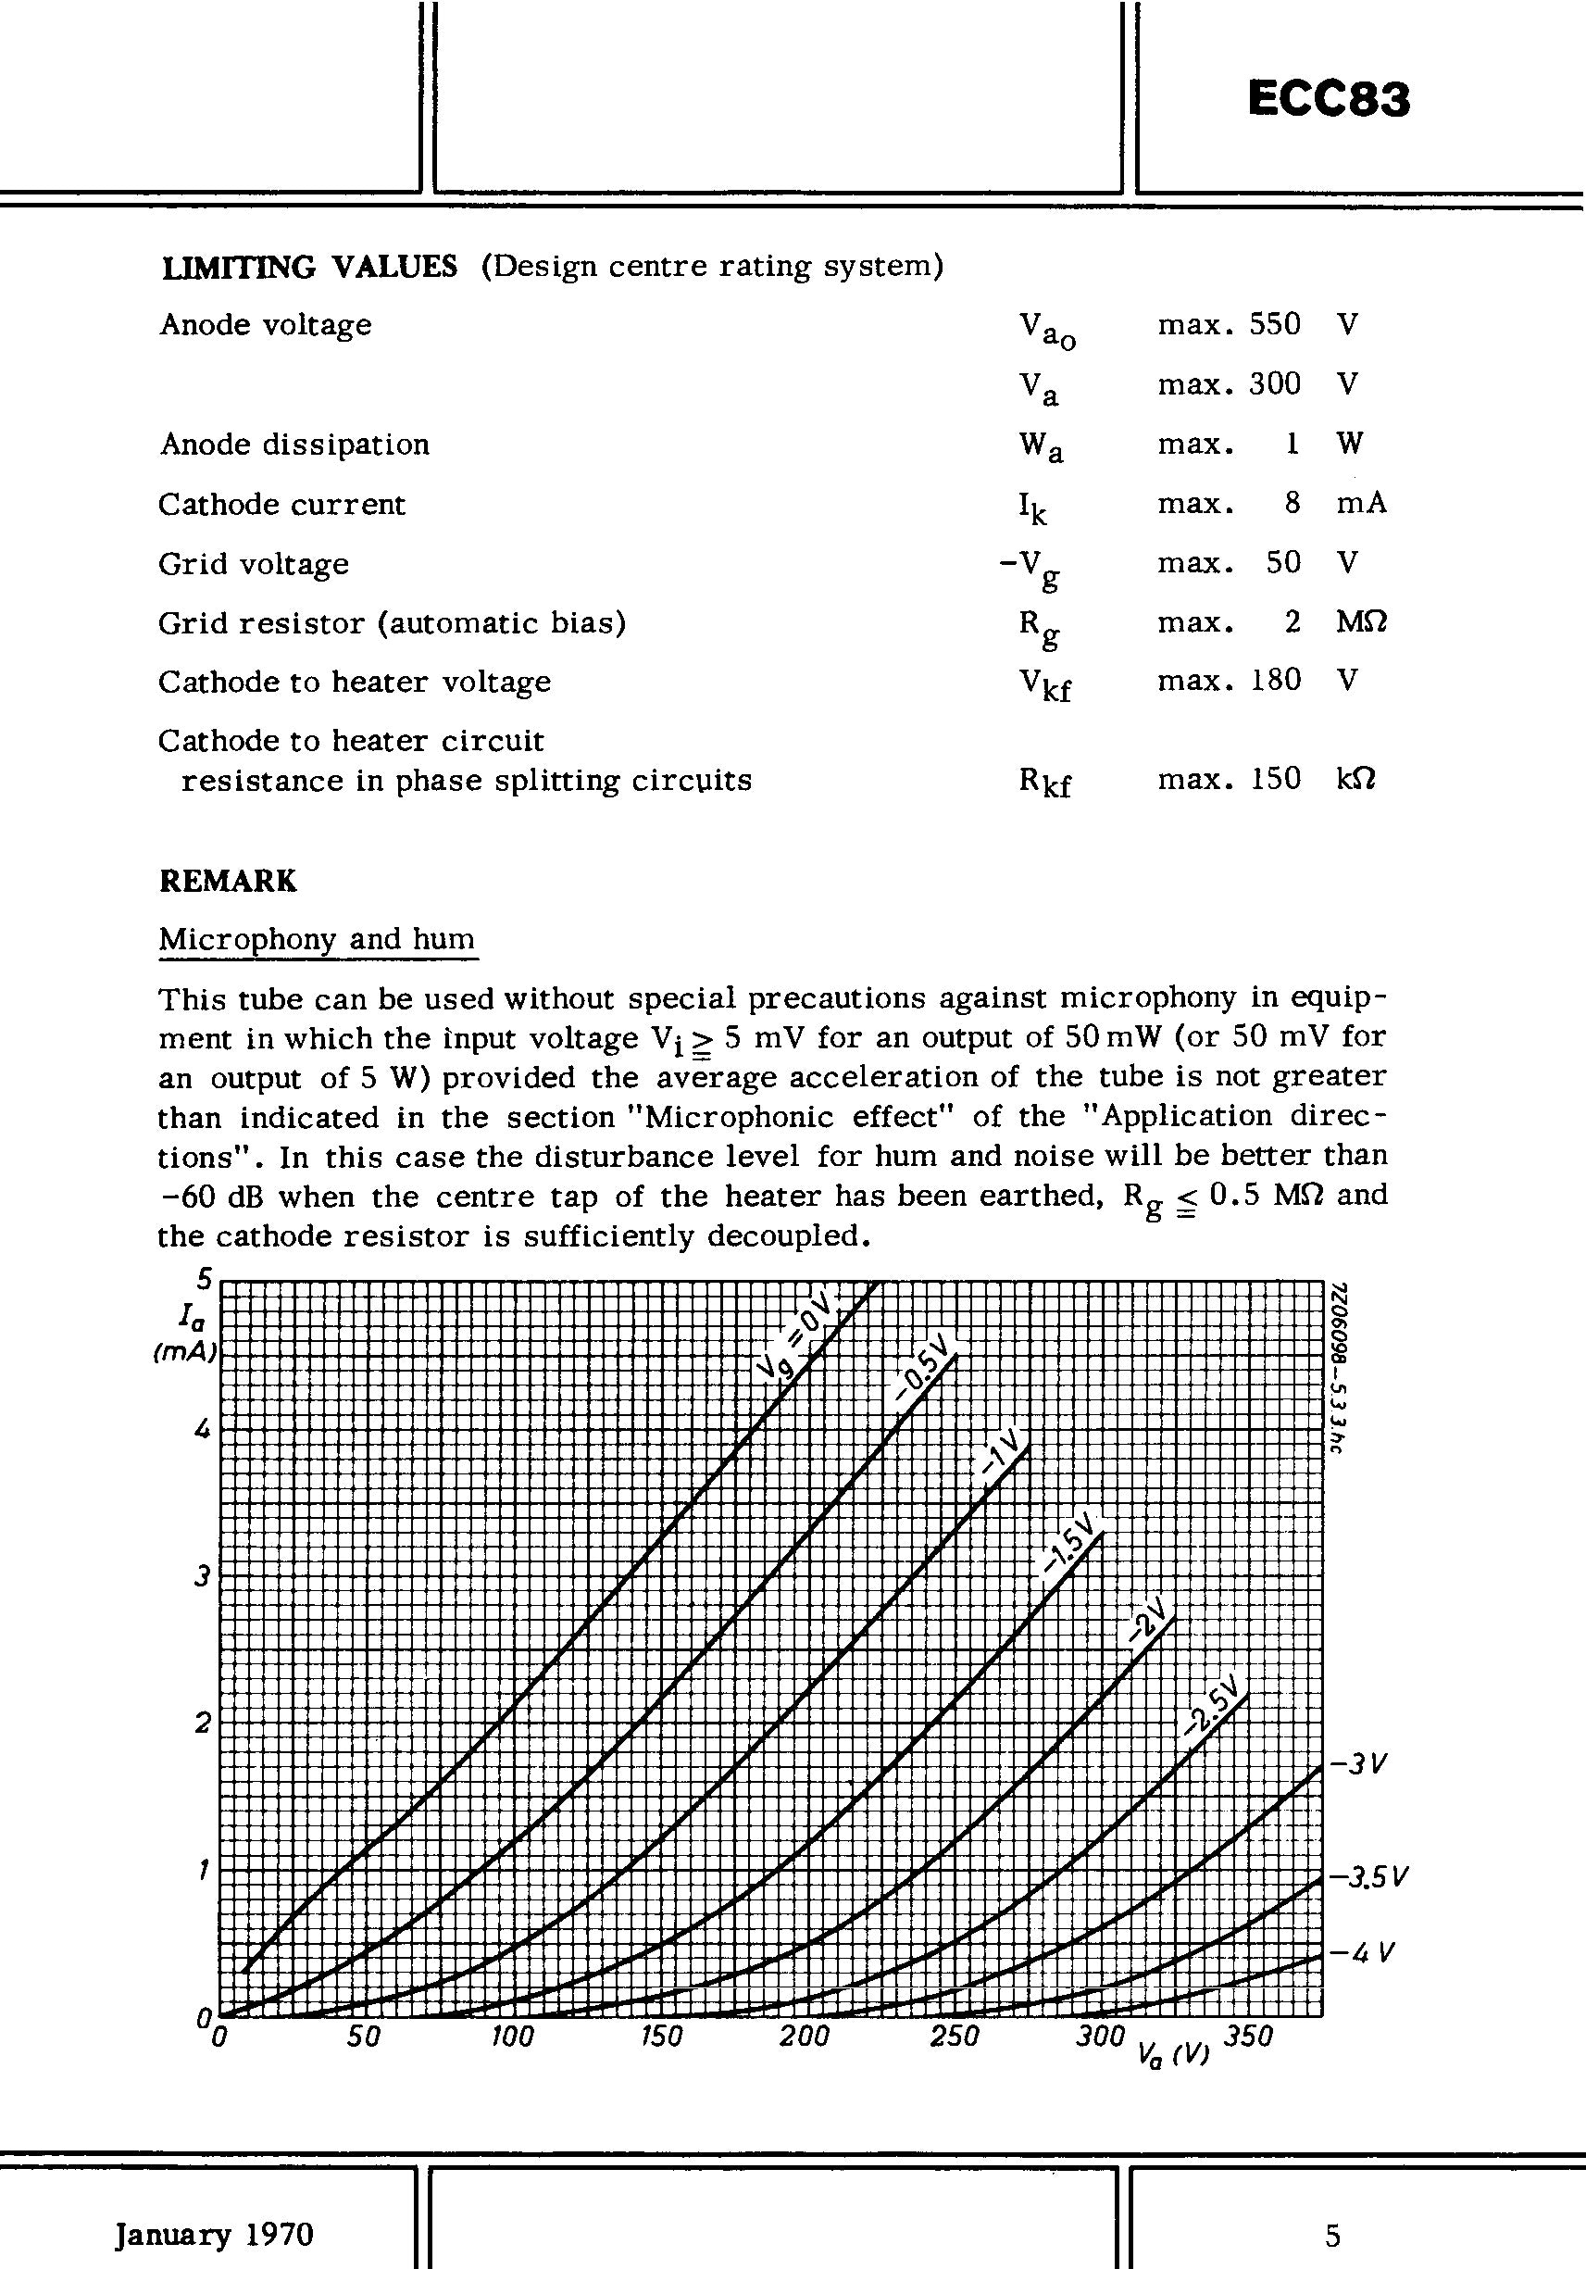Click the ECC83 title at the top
click(x=1328, y=99)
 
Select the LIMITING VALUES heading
click(x=308, y=267)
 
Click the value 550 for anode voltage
click(x=1275, y=324)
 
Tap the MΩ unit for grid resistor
click(x=1362, y=621)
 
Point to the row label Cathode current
click(x=281, y=504)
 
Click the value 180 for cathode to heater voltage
click(x=1275, y=680)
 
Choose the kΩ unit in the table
click(x=1355, y=779)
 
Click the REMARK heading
click(x=227, y=881)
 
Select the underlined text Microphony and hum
click(x=318, y=939)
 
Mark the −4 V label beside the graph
click(x=1362, y=1954)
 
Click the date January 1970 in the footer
click(x=215, y=2235)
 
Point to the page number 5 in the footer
click(x=1333, y=2235)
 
